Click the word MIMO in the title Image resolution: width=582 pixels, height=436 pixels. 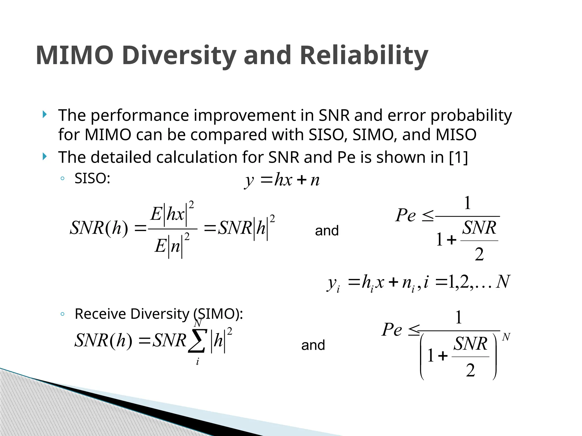pyautogui.click(x=75, y=55)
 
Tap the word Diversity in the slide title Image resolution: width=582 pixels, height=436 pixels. pyautogui.click(x=180, y=55)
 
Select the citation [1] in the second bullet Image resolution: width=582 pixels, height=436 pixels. pyautogui.click(x=458, y=157)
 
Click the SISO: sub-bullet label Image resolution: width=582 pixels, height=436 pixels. pyautogui.click(x=92, y=179)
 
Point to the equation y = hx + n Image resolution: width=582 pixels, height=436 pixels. pyautogui.click(x=282, y=180)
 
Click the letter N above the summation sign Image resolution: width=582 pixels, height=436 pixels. pyautogui.click(x=198, y=323)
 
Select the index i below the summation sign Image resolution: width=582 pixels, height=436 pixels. pyautogui.click(x=198, y=362)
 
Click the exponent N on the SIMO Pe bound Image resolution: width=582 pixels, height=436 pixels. pyautogui.click(x=506, y=337)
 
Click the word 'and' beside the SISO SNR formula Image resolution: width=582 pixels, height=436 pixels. pyautogui.click(x=327, y=230)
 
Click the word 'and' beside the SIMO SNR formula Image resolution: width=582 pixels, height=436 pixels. pyautogui.click(x=313, y=345)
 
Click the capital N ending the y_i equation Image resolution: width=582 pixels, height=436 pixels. pyautogui.click(x=503, y=282)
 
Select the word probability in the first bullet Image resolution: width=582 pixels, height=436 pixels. pyautogui.click(x=471, y=115)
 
